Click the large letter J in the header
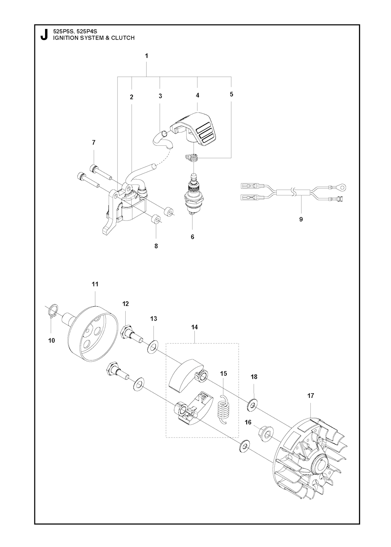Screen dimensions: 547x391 pos(44,35)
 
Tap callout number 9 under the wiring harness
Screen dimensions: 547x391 pos(301,219)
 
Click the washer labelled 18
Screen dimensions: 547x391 pos(252,405)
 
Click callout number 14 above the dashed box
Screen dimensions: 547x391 pos(195,327)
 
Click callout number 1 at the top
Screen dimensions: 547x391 pos(147,56)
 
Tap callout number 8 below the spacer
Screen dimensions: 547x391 pos(156,246)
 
